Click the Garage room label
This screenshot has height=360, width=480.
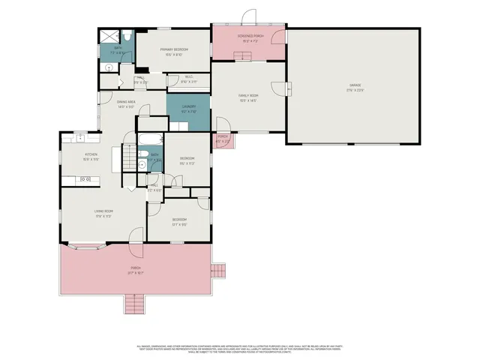[355, 87]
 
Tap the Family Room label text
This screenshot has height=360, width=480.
[248, 97]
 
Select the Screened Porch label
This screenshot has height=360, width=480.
[248, 40]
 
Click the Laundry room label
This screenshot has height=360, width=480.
[188, 109]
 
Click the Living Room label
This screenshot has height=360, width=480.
[103, 214]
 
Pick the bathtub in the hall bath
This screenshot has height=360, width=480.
[148, 139]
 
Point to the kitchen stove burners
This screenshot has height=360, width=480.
[85, 179]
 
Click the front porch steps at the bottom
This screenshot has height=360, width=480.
[133, 304]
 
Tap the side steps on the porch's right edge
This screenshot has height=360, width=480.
[218, 270]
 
